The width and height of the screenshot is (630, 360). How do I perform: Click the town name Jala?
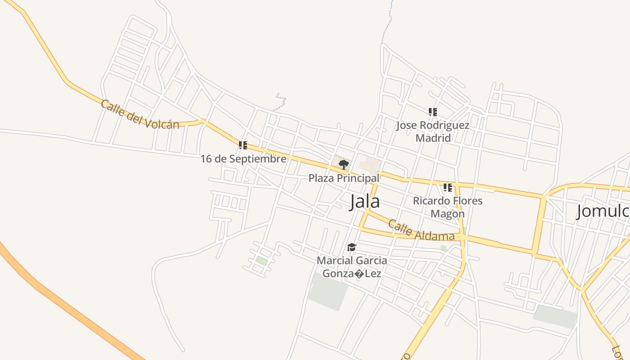(365, 202)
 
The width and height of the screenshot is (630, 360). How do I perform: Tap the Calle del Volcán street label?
(140, 115)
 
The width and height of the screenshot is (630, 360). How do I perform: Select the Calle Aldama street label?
(421, 230)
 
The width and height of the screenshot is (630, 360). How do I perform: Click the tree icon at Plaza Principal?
(343, 164)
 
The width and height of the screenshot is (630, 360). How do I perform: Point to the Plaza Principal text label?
(344, 178)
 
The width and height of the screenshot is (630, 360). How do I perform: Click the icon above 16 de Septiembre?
(243, 145)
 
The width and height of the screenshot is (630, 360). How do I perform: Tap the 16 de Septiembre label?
(243, 159)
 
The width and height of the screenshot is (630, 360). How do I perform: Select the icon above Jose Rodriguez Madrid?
(433, 112)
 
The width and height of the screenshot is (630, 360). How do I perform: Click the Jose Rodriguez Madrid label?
(433, 131)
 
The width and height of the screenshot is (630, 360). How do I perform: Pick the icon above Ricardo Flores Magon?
(447, 187)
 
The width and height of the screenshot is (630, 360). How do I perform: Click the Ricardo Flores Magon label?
(448, 207)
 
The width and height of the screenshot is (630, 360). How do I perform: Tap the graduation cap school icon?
(351, 247)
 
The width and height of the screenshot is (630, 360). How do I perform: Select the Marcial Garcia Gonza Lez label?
(352, 267)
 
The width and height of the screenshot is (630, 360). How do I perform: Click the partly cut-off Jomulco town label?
(603, 211)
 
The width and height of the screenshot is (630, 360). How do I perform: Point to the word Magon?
(448, 214)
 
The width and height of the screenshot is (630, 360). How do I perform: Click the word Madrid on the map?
(433, 138)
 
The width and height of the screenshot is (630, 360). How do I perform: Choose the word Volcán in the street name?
(162, 122)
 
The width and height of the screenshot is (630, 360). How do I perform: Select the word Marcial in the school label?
(333, 261)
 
